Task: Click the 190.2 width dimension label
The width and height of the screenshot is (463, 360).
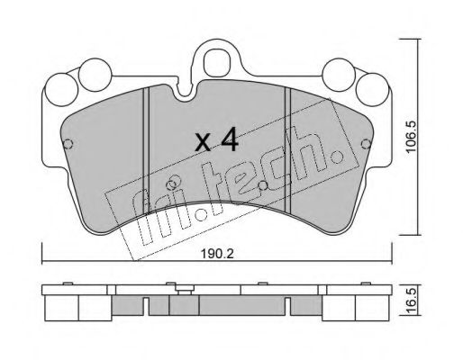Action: point(217,254)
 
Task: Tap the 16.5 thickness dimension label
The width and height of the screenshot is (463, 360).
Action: point(411,300)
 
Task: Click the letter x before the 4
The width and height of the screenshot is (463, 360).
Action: point(203,143)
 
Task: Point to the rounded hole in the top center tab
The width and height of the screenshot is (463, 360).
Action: point(215,64)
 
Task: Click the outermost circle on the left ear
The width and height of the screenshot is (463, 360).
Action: point(62,89)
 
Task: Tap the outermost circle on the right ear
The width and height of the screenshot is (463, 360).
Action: point(372,89)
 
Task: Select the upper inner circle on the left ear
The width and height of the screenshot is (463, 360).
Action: point(95,75)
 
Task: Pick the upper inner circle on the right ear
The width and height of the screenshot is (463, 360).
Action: point(339,75)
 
